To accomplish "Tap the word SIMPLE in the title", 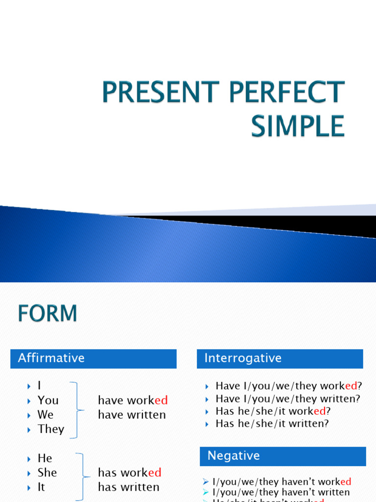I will pyautogui.click(x=298, y=126).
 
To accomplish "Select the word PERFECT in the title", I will pyautogui.click(x=285, y=93).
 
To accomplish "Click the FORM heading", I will pyautogui.click(x=47, y=313).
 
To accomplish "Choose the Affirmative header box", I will pyautogui.click(x=93, y=358).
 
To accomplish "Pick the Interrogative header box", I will pyautogui.click(x=280, y=358).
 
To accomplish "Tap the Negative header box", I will pyautogui.click(x=282, y=456).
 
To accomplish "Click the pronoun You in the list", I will pyautogui.click(x=48, y=400).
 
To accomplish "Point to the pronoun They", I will pyautogui.click(x=51, y=429).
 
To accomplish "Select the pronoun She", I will pyautogui.click(x=47, y=473).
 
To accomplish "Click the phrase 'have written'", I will pyautogui.click(x=132, y=415).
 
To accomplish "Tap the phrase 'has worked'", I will pyautogui.click(x=129, y=473).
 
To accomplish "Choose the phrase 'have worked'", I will pyautogui.click(x=133, y=400).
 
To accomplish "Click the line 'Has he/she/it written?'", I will pyautogui.click(x=272, y=424).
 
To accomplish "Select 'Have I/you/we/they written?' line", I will pyautogui.click(x=288, y=399).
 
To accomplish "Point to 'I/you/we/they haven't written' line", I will pyautogui.click(x=281, y=492).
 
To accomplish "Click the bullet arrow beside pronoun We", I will pyautogui.click(x=29, y=415).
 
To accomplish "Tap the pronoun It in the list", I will pyautogui.click(x=41, y=487).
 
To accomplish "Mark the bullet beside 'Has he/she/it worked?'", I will pyautogui.click(x=208, y=411).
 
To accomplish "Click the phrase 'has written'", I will pyautogui.click(x=128, y=487).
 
